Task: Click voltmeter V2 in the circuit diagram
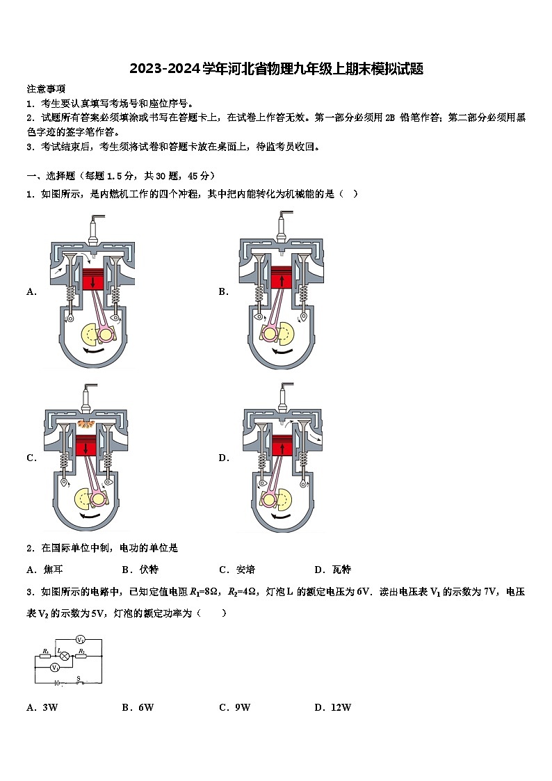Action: (x=80, y=639)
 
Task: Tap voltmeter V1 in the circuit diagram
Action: (x=55, y=667)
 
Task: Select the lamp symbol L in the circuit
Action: (x=64, y=655)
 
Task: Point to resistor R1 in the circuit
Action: (x=46, y=655)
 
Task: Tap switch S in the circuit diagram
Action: (x=79, y=682)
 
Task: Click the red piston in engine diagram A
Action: (x=92, y=280)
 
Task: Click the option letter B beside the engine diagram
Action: (x=223, y=292)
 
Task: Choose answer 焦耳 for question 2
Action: (x=53, y=570)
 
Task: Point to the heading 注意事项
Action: (x=46, y=89)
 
